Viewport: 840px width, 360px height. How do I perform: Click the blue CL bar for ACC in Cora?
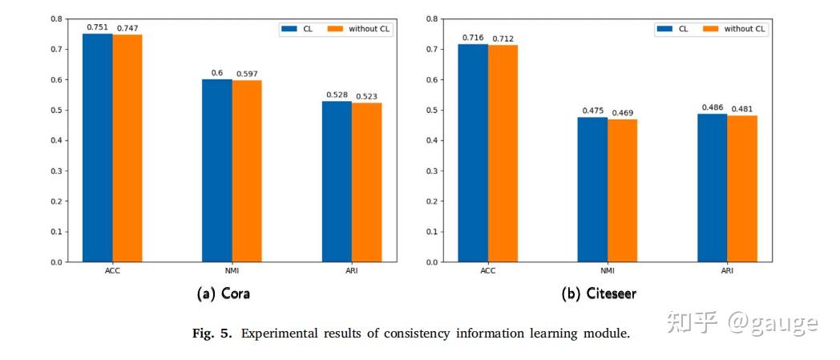pos(98,148)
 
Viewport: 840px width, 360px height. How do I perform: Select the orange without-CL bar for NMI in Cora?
pos(247,171)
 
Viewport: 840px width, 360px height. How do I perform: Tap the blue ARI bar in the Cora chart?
pos(337,181)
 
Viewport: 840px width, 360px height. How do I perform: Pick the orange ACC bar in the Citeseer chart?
pos(503,153)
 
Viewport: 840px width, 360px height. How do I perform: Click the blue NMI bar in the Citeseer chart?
pos(592,189)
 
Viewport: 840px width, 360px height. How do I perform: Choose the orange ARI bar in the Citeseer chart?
pos(742,188)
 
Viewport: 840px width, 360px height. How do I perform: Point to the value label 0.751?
pos(98,26)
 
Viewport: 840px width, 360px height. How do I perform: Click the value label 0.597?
pos(247,74)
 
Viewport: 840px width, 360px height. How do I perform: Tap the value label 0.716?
pos(473,37)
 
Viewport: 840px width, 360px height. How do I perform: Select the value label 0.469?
pos(623,112)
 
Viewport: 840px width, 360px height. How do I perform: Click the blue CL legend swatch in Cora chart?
pos(289,29)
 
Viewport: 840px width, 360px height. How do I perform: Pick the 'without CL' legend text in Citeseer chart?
pos(745,29)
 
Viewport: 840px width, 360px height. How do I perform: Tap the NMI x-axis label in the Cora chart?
pos(232,271)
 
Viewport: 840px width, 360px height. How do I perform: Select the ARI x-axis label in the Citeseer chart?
pos(727,271)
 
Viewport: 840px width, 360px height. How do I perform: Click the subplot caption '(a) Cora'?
pos(224,293)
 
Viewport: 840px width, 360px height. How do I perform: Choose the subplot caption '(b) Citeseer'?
pos(599,293)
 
